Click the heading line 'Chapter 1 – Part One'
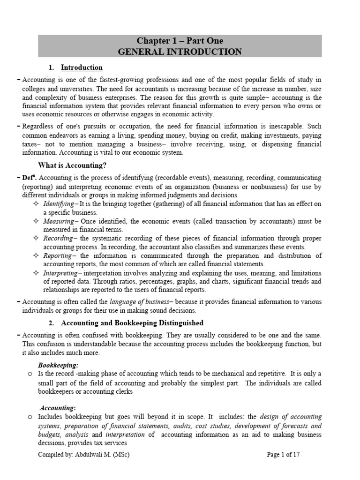(x=180, y=41)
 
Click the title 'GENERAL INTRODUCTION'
(x=180, y=52)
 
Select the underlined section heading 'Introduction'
(x=82, y=67)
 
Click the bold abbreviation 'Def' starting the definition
(x=29, y=178)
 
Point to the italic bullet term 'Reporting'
(x=57, y=255)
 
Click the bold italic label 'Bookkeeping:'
(x=58, y=365)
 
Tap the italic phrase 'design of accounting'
(x=291, y=417)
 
